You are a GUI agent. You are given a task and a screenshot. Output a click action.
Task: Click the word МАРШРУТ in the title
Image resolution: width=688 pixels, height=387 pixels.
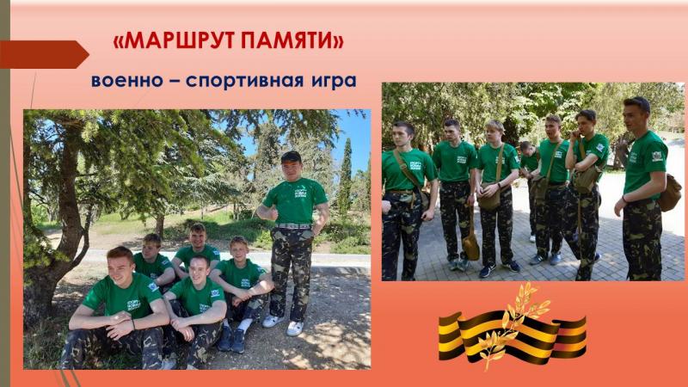tap(179, 40)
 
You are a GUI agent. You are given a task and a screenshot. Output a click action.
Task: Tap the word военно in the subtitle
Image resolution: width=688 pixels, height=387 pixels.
tap(126, 81)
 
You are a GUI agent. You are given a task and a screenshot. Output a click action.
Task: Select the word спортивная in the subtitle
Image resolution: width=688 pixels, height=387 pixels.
tap(245, 82)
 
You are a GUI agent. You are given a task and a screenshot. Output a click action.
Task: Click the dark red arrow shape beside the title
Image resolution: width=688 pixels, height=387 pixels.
tap(44, 54)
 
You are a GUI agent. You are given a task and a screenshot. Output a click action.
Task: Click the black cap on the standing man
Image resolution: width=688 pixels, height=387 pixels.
tap(291, 157)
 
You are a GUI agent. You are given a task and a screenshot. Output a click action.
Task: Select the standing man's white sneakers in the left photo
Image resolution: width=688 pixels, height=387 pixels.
tap(284, 324)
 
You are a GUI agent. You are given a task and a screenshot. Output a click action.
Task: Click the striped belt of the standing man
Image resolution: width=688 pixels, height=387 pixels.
tap(292, 226)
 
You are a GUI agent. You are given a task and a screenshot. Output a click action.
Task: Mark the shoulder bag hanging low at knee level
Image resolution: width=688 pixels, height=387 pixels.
tap(470, 246)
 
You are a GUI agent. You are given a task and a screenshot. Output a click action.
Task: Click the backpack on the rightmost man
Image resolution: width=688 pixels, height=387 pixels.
tap(670, 192)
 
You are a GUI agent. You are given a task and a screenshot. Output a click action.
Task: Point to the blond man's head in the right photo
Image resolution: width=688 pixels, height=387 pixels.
tap(495, 131)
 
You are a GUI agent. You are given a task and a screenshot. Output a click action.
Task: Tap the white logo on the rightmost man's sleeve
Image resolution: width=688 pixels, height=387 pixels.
tap(657, 157)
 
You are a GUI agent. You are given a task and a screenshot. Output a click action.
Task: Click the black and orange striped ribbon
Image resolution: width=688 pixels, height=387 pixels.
tap(512, 335)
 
